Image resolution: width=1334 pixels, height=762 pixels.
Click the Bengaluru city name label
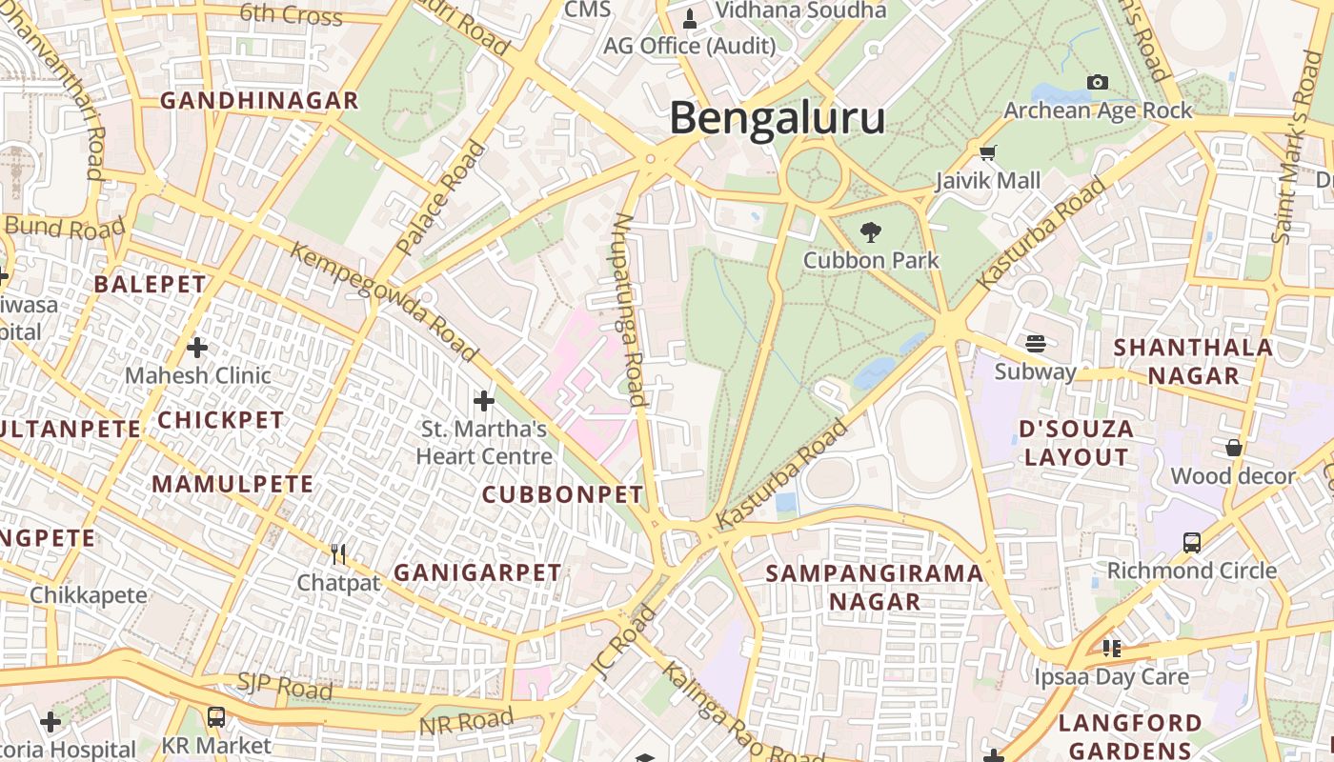777,119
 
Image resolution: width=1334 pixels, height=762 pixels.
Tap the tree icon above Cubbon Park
869,231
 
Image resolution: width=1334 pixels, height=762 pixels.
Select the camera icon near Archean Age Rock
1098,83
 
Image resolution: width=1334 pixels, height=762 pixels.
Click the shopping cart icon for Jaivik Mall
988,152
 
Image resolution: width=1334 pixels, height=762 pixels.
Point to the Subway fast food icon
1036,344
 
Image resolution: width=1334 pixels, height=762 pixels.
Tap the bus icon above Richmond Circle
1191,542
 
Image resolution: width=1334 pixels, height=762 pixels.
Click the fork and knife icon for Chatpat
337,553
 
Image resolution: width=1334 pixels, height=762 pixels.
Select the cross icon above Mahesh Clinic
197,348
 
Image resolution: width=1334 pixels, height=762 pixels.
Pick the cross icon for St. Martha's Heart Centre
484,400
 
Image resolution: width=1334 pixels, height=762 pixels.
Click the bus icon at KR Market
216,716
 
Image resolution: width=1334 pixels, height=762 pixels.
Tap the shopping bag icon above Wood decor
1233,448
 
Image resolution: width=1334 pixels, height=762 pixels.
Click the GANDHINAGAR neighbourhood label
259,101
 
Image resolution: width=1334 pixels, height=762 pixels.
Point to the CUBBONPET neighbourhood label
563,495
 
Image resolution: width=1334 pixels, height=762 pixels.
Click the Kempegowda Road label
384,302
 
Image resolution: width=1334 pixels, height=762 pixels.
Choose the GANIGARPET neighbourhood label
477,572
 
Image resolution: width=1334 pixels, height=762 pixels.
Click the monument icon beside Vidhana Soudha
691,17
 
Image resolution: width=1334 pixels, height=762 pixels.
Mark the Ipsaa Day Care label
1112,677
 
